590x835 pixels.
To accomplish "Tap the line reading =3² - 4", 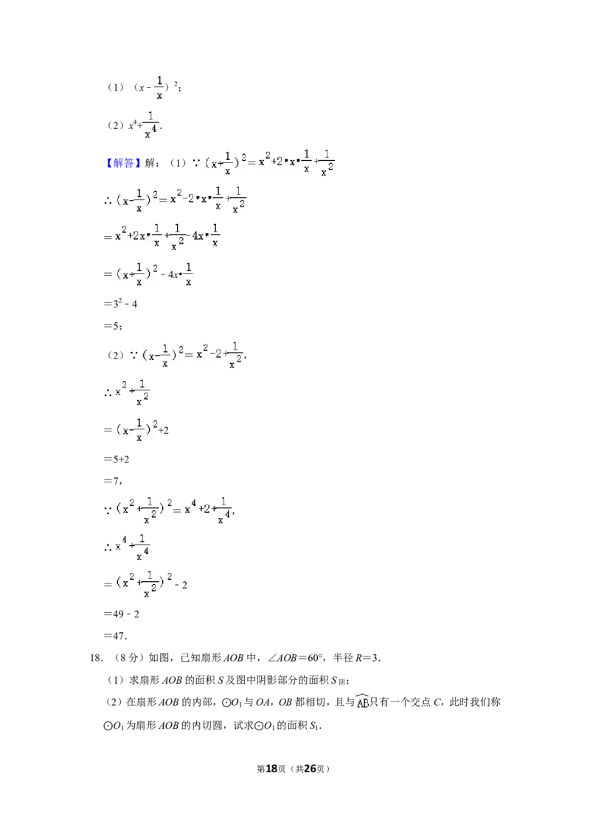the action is [120, 303].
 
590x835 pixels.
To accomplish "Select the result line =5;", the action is [113, 325].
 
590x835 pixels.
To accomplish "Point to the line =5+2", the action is [117, 459].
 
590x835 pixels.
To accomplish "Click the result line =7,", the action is [113, 481].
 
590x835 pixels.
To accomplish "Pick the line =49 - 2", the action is [122, 614].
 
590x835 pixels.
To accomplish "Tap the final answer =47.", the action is [115, 635].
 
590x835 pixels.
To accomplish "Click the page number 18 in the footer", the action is [271, 769].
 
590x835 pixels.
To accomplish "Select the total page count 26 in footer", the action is [309, 769].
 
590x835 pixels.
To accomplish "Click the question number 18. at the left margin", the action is [97, 658].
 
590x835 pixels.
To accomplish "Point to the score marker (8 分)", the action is [128, 658].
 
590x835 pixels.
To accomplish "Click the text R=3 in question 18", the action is [367, 658].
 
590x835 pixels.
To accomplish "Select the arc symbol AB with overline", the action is [363, 701].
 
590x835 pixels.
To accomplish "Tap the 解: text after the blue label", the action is [152, 163].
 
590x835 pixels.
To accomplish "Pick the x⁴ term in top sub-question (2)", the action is [132, 125].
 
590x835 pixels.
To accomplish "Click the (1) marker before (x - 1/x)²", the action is [116, 87].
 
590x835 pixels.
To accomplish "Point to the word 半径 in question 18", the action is [343, 658].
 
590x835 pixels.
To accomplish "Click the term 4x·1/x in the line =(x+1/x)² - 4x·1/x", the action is [180, 274].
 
